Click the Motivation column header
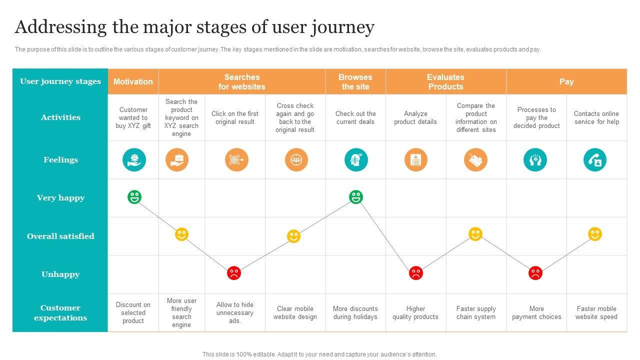click(133, 81)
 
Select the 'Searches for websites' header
click(242, 81)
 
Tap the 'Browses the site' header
click(355, 81)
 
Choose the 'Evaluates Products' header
click(445, 81)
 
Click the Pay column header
click(566, 81)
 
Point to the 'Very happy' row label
click(60, 198)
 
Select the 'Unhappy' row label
click(60, 274)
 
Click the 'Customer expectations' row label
click(60, 313)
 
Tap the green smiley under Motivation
click(134, 197)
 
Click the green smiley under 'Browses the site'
click(355, 197)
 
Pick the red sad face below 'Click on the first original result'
click(234, 273)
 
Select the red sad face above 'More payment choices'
click(535, 273)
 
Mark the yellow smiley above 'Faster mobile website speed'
click(595, 234)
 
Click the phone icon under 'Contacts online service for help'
click(595, 160)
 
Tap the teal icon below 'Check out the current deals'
click(356, 160)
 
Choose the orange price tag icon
click(475, 160)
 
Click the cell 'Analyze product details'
click(415, 118)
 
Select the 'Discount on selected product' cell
click(133, 313)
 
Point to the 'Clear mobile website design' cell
click(295, 313)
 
